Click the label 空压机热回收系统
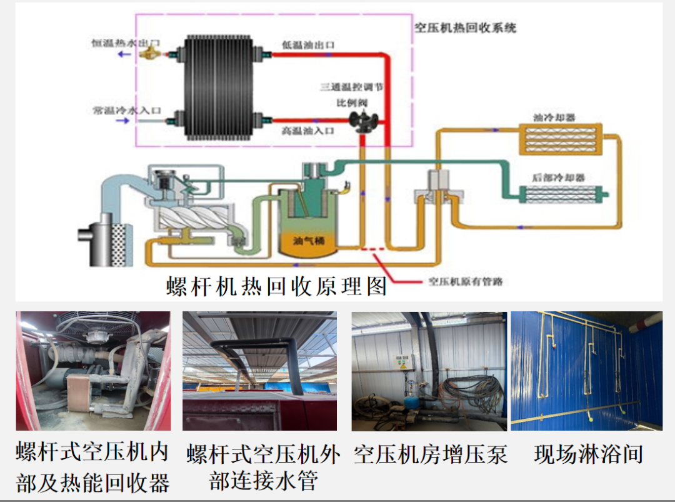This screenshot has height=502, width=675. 466,28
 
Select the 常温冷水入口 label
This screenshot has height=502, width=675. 126,111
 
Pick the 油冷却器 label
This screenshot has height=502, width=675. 554,117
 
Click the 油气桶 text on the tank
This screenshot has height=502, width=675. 307,240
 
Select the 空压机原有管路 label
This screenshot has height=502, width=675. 465,281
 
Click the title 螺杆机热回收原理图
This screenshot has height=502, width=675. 276,286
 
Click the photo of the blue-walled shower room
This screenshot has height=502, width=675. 586,371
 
